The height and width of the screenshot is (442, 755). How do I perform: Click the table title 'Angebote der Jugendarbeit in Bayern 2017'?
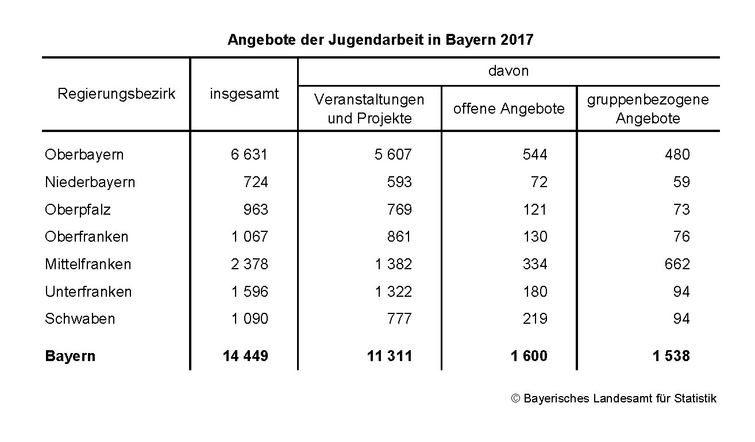pos(380,40)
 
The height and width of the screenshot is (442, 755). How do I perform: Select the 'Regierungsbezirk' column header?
pos(116,94)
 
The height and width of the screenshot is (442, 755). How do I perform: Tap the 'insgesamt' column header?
pos(244,94)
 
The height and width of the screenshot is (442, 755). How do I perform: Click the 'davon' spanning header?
pos(508,71)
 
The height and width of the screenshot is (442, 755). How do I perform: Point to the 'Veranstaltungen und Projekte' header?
pos(369,108)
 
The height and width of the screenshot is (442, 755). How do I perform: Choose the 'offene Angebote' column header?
pos(509,108)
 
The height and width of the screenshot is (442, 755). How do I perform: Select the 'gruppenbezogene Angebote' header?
pos(648,108)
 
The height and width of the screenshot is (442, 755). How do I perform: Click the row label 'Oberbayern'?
pos(84,154)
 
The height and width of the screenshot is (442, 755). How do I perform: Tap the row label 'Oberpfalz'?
pos(78,210)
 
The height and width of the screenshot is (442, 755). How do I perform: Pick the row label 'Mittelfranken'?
pos(88,264)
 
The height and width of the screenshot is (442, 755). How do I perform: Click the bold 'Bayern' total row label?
pos(70,356)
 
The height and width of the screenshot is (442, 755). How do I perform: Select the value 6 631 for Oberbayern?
pos(249,154)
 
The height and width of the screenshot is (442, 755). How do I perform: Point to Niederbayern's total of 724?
pos(256,182)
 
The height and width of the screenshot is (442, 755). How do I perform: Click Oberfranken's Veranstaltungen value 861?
pos(399,236)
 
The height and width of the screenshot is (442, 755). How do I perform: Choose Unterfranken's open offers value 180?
pos(535,292)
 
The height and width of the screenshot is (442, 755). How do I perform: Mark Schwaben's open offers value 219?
pos(535,319)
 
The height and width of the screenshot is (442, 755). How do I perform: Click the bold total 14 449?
pos(245,356)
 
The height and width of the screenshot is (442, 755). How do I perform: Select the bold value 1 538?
pos(671,356)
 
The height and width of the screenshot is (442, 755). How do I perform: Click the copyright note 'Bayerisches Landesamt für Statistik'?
pos(614,398)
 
